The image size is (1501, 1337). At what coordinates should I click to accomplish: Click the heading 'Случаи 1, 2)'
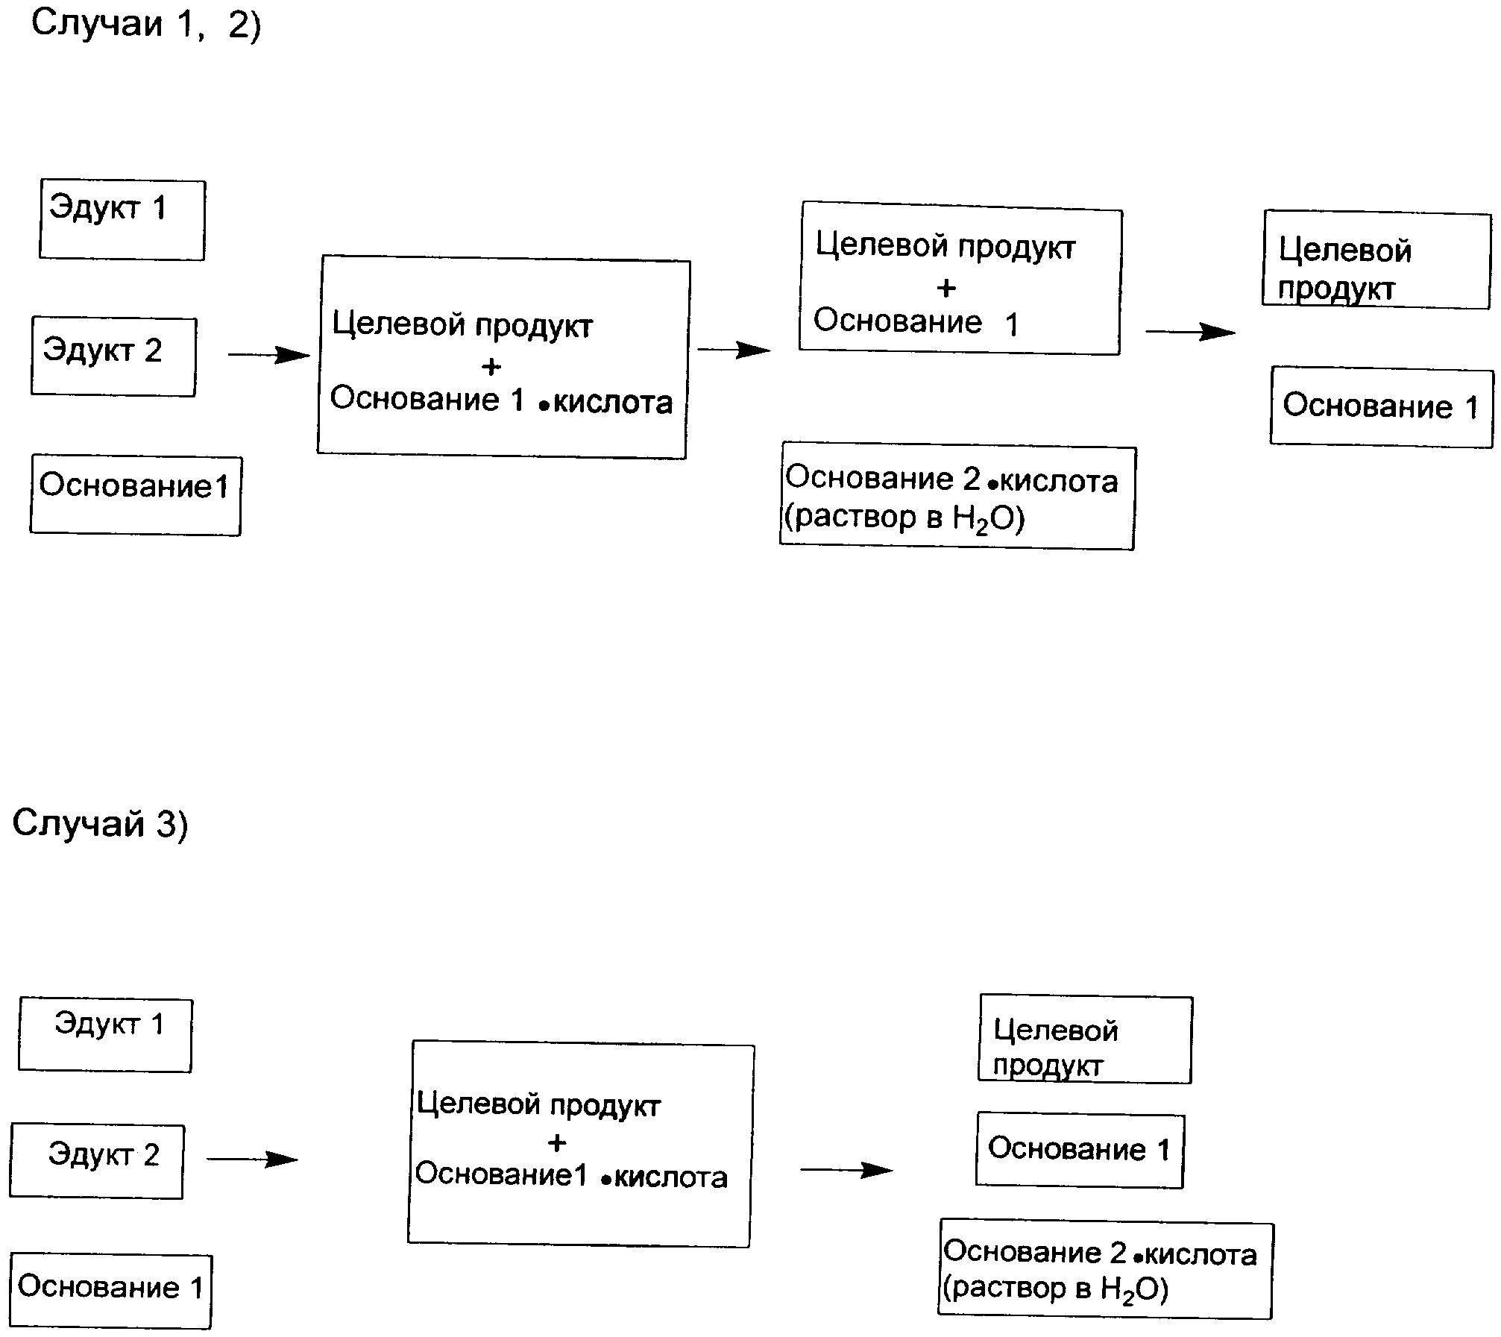click(x=146, y=25)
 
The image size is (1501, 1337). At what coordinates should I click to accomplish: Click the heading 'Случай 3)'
click(x=100, y=824)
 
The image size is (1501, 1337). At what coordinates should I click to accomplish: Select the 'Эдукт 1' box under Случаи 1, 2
click(x=122, y=220)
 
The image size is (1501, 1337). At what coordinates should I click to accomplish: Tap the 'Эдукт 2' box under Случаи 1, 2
click(x=113, y=356)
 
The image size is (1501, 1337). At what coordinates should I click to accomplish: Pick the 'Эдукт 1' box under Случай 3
click(x=105, y=1035)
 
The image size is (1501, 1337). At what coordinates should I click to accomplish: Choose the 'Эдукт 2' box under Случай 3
click(x=97, y=1161)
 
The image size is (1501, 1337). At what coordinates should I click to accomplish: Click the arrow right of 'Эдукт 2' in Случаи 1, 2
click(x=268, y=355)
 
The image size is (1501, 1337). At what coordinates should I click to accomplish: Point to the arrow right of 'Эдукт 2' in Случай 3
click(x=252, y=1159)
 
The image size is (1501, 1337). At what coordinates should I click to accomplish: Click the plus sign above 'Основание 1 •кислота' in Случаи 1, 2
click(x=491, y=366)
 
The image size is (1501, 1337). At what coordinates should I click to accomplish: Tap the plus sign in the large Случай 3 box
click(x=556, y=1142)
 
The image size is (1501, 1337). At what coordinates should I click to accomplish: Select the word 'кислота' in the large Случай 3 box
click(x=670, y=1177)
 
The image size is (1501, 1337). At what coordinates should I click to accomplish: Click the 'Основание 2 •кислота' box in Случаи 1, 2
click(x=957, y=498)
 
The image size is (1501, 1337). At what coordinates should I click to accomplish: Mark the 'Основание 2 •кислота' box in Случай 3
click(x=1105, y=1271)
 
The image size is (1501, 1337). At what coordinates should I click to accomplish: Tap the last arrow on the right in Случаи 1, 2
click(x=1190, y=332)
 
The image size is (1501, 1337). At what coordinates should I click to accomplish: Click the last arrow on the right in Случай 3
click(x=846, y=1170)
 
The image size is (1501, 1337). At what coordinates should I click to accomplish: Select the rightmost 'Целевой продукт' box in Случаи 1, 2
click(x=1376, y=260)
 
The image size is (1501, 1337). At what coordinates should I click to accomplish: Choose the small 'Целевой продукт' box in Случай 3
click(x=1085, y=1039)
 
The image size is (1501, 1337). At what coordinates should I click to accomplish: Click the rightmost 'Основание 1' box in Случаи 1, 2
click(x=1382, y=407)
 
